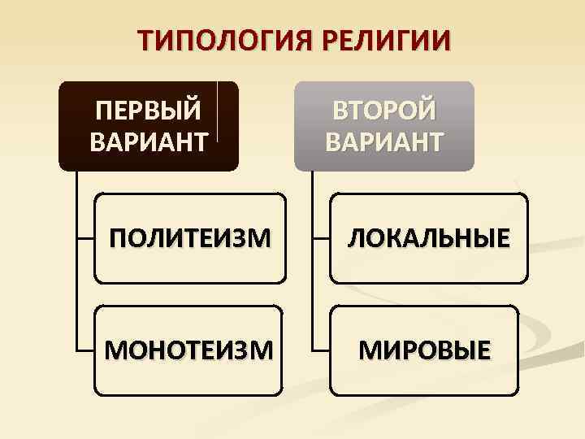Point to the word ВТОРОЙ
click(384, 110)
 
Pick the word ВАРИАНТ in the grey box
click(384, 142)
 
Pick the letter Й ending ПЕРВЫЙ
click(193, 110)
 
